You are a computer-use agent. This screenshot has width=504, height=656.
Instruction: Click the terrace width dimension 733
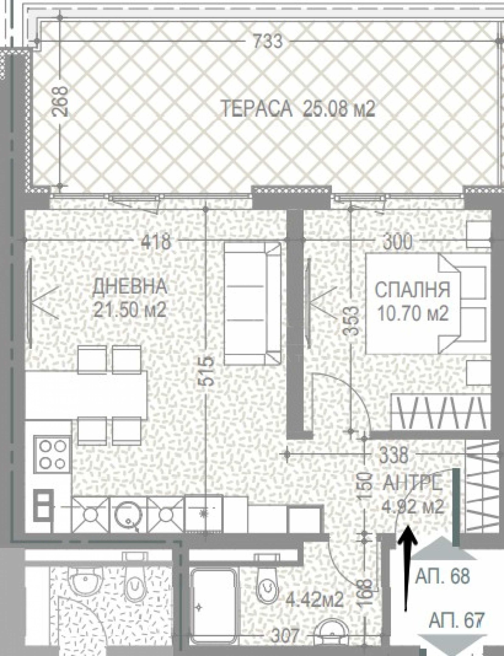point(267,41)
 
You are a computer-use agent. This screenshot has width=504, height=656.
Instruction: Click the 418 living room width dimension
point(156,242)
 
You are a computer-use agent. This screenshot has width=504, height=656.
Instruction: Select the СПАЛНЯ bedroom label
point(412,290)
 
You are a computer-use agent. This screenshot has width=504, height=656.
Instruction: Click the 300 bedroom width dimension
point(398,242)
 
